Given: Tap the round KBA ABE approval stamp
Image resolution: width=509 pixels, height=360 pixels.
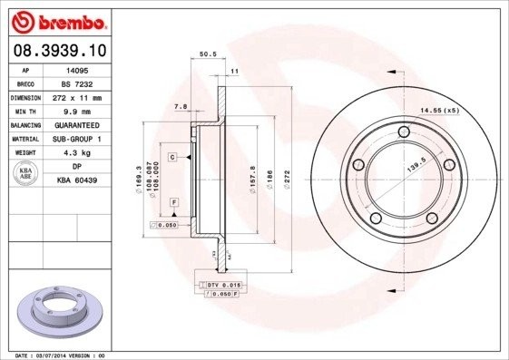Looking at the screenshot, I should pos(26,173).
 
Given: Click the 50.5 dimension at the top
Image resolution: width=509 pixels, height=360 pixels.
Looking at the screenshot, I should pos(206,54).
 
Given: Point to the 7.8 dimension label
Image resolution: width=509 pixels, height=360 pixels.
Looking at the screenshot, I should pos(180,107).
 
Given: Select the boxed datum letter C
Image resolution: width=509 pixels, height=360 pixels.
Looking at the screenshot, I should pos(171,157).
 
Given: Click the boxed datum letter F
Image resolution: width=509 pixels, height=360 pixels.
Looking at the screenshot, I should pos(173,200).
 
